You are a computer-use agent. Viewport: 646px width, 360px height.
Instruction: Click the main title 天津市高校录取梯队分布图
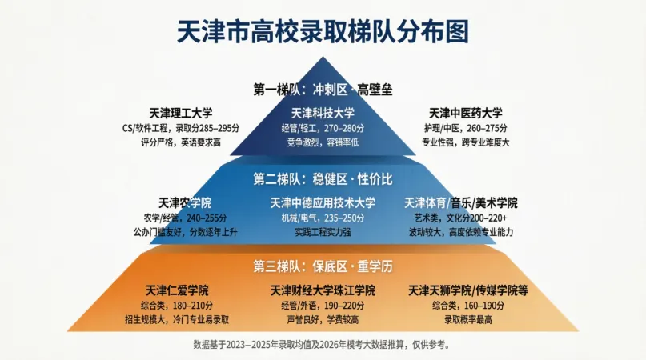click(323, 31)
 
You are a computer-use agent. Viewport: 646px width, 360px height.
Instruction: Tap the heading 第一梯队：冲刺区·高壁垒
click(323, 90)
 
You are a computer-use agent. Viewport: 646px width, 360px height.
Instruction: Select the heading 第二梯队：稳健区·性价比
click(323, 179)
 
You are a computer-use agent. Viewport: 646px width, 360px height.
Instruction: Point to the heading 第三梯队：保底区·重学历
click(323, 266)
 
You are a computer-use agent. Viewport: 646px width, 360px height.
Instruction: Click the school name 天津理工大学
click(181, 113)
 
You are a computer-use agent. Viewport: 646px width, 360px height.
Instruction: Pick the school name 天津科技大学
click(323, 113)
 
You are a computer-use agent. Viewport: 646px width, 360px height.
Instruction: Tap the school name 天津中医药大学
click(466, 113)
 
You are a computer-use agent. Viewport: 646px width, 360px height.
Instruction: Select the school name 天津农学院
click(185, 202)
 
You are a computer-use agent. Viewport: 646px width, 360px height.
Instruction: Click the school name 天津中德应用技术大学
click(323, 202)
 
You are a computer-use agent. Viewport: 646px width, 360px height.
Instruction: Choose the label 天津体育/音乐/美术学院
click(461, 202)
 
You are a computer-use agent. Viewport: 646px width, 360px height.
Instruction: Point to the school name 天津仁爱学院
click(177, 290)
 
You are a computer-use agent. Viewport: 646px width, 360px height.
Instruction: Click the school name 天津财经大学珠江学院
click(323, 290)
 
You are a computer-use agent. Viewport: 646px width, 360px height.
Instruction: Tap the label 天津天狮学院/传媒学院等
click(468, 290)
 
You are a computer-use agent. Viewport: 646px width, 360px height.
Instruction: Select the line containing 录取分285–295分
click(181, 128)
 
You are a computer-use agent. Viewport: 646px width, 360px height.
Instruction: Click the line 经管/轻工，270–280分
click(323, 128)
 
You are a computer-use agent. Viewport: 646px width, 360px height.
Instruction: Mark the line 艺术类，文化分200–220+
click(461, 218)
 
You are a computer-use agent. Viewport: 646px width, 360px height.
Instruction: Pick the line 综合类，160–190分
click(468, 306)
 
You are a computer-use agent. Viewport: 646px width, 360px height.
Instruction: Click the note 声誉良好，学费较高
click(323, 320)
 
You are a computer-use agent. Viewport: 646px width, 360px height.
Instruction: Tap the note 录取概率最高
click(468, 320)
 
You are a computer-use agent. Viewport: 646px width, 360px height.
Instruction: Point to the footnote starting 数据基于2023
click(323, 344)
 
